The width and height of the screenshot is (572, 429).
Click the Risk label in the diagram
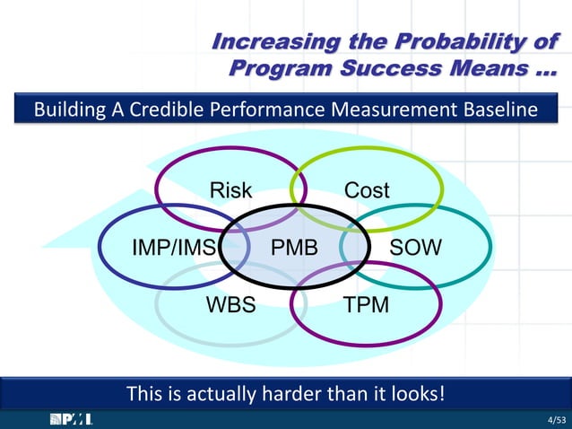[x=230, y=190]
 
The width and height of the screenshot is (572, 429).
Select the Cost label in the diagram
[x=367, y=190]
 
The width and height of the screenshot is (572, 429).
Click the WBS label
[x=231, y=304]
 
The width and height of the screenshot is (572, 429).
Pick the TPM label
[x=367, y=304]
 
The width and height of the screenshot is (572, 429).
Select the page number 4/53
[x=557, y=420]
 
